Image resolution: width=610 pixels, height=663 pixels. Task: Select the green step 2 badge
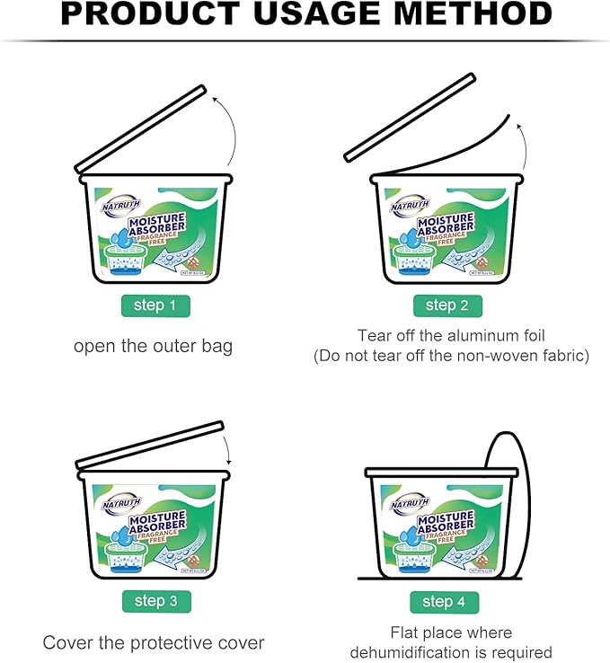click(x=440, y=305)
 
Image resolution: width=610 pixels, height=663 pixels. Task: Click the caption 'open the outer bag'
click(x=153, y=346)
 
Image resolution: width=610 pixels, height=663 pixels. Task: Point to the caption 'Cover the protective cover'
click(x=154, y=642)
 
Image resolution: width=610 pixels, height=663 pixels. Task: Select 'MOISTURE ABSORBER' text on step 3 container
click(x=157, y=522)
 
